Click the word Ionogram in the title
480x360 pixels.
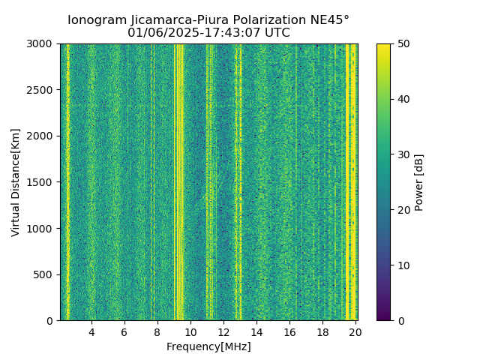96,20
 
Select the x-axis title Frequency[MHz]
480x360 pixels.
208,346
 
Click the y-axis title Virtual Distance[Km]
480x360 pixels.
16,182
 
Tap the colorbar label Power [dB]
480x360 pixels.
419,182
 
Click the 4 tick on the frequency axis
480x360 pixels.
91,332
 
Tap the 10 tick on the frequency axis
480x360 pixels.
190,332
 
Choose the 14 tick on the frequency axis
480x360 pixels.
256,332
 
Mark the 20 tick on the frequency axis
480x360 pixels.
355,332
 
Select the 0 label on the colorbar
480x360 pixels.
400,320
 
